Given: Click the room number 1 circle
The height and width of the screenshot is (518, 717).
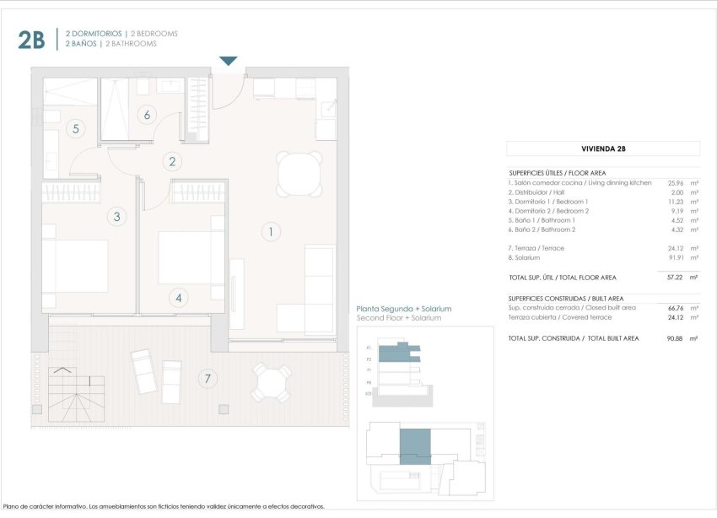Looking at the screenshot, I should pos(270,231).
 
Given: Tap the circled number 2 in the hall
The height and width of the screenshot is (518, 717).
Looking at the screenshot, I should pos(172,162).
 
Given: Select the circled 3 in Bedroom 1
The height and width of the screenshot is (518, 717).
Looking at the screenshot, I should pos(117,217).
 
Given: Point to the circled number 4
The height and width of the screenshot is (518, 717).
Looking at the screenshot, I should pos(178,297).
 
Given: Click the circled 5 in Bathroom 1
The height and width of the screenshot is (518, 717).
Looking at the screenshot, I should pos(76,129).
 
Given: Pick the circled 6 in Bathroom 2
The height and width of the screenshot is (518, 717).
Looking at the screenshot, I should pos(147,115).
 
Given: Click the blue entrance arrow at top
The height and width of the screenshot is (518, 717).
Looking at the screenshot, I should pos(229,61).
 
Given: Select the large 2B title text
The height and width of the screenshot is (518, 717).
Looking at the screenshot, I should pos(31,39).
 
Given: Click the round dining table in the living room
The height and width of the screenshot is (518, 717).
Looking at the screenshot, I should pos(299,173).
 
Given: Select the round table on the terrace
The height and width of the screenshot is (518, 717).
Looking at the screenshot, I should pos(272,383).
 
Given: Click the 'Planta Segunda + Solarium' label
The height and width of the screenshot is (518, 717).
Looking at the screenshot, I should pos(404,309).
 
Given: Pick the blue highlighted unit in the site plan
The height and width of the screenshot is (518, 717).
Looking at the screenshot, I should pos(414,445).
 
